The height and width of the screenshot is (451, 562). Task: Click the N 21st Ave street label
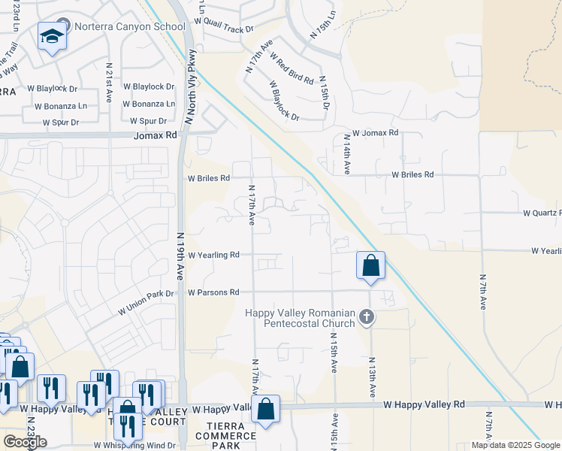(x=109, y=82)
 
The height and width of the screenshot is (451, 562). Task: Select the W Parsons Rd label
(x=213, y=292)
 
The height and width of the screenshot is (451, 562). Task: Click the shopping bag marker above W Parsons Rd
(x=371, y=266)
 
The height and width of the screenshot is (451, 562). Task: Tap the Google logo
(x=25, y=442)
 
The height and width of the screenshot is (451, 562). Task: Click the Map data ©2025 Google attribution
(x=514, y=445)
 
